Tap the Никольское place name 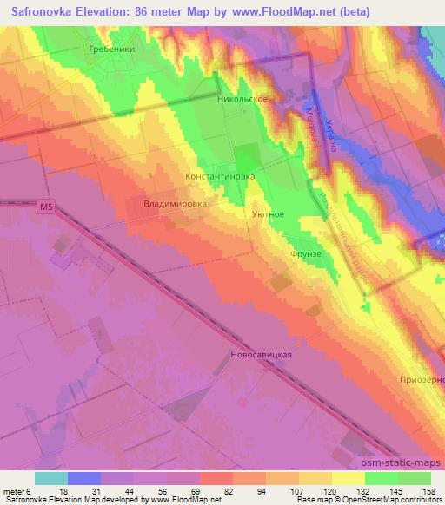pyautogui.click(x=242, y=100)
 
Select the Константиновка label pyautogui.click(x=220, y=175)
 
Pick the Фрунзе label pyautogui.click(x=306, y=254)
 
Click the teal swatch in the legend pyautogui.click(x=51, y=478)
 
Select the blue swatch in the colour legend pyautogui.click(x=84, y=478)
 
